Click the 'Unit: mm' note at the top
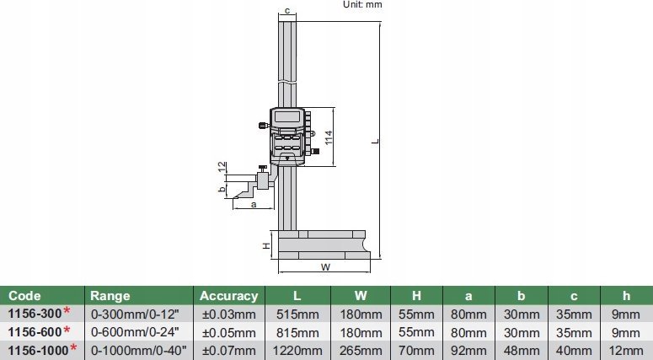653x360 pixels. coord(362,4)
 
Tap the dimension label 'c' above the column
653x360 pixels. coord(287,11)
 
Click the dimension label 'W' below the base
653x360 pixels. coord(324,267)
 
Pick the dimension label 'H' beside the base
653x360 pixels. coord(265,245)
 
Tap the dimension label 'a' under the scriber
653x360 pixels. coord(230,203)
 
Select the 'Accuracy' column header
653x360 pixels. coord(228,296)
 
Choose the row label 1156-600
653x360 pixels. coord(32,331)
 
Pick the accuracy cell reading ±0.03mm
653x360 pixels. coord(227,314)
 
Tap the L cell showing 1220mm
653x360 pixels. coord(297,349)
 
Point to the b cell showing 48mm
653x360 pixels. coord(522,349)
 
